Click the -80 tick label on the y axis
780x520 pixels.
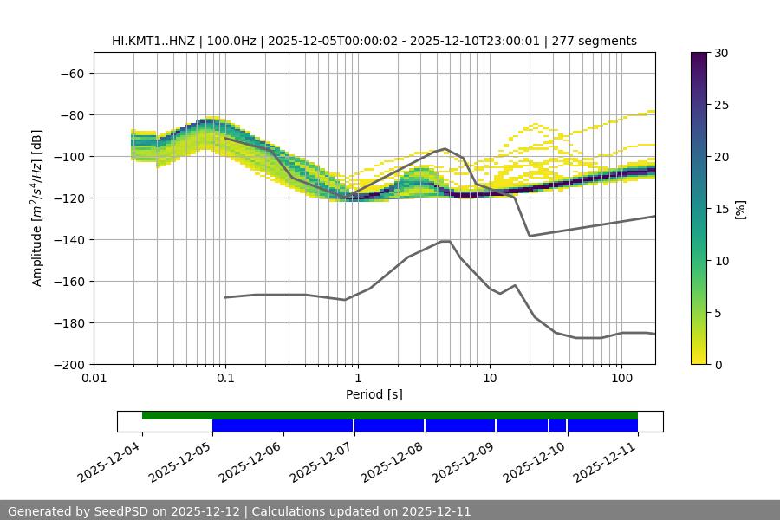pyautogui.click(x=70, y=115)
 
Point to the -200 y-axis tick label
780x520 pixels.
pyautogui.click(x=67, y=365)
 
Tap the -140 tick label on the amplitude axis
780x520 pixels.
pyautogui.click(x=67, y=240)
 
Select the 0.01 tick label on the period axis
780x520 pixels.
pyautogui.click(x=94, y=379)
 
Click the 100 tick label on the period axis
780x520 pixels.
pyautogui.click(x=621, y=379)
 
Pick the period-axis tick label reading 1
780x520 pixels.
pyautogui.click(x=357, y=379)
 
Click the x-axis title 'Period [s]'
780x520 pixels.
pyautogui.click(x=374, y=394)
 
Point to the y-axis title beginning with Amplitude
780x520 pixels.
pyautogui.click(x=37, y=208)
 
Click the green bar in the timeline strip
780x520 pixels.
pyautogui.click(x=390, y=415)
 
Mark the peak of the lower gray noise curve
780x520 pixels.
pyautogui.click(x=445, y=241)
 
